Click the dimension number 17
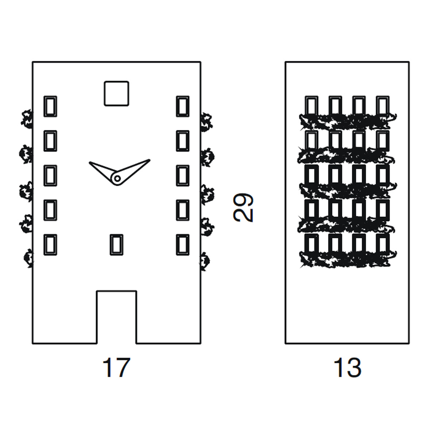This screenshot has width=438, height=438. [116, 368]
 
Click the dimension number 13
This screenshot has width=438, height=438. [347, 368]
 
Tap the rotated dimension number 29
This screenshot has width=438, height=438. [243, 208]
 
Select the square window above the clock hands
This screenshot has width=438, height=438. [116, 93]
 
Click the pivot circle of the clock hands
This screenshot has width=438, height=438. [117, 178]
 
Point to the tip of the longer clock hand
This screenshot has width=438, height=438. [150, 160]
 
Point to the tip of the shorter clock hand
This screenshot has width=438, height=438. [89, 162]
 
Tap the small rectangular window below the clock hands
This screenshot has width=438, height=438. [116, 245]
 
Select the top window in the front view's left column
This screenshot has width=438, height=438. [50, 106]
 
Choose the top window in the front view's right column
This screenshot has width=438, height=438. [182, 106]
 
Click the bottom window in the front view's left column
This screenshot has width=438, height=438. [50, 245]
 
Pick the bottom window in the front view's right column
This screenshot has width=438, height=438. [182, 245]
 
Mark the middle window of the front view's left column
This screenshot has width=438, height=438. [50, 176]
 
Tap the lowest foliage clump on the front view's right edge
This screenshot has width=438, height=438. [204, 261]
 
